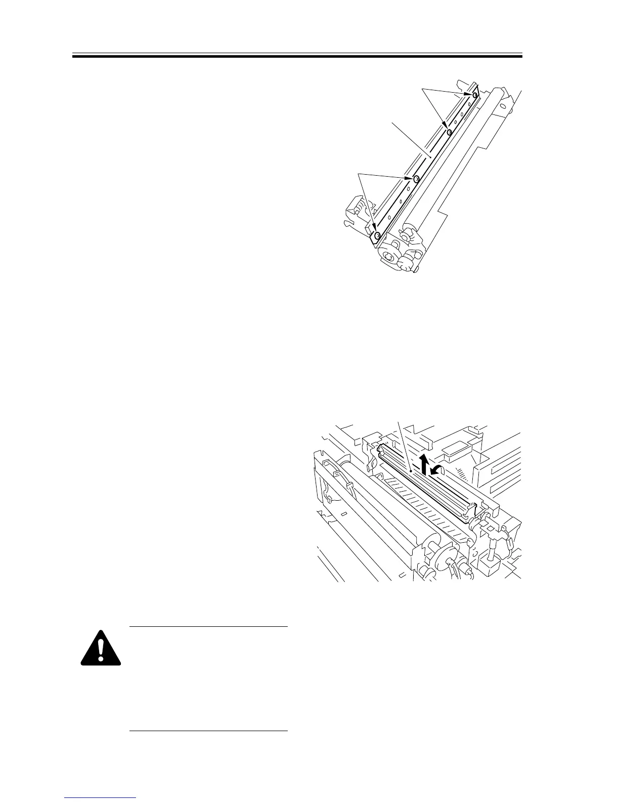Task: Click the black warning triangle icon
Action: click(x=101, y=649)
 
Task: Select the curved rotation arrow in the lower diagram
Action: click(x=437, y=470)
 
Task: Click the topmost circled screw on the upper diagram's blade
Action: click(x=475, y=95)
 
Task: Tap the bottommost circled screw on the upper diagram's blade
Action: click(x=377, y=235)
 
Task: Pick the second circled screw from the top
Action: click(x=449, y=133)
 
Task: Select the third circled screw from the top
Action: click(x=416, y=179)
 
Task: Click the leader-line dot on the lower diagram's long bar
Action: click(x=411, y=471)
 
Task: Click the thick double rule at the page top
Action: click(x=297, y=56)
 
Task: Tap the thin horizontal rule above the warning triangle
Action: click(x=208, y=627)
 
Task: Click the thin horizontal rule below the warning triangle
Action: click(x=208, y=731)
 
